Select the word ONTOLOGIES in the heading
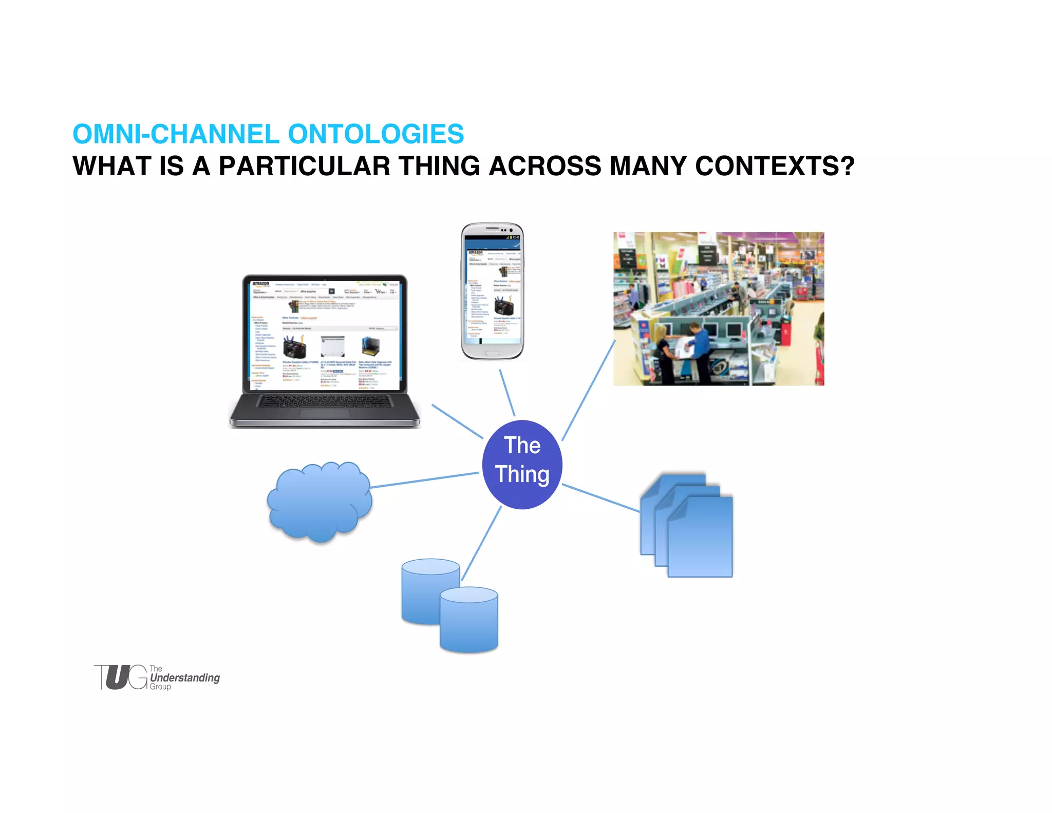[375, 134]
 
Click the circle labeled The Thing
[522, 465]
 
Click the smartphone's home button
[492, 354]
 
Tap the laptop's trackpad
[325, 414]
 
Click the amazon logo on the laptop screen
[261, 284]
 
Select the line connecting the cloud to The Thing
[424, 480]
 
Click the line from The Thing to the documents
[601, 498]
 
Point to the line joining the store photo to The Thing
[589, 391]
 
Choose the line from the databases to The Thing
[481, 544]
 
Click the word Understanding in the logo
[185, 678]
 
